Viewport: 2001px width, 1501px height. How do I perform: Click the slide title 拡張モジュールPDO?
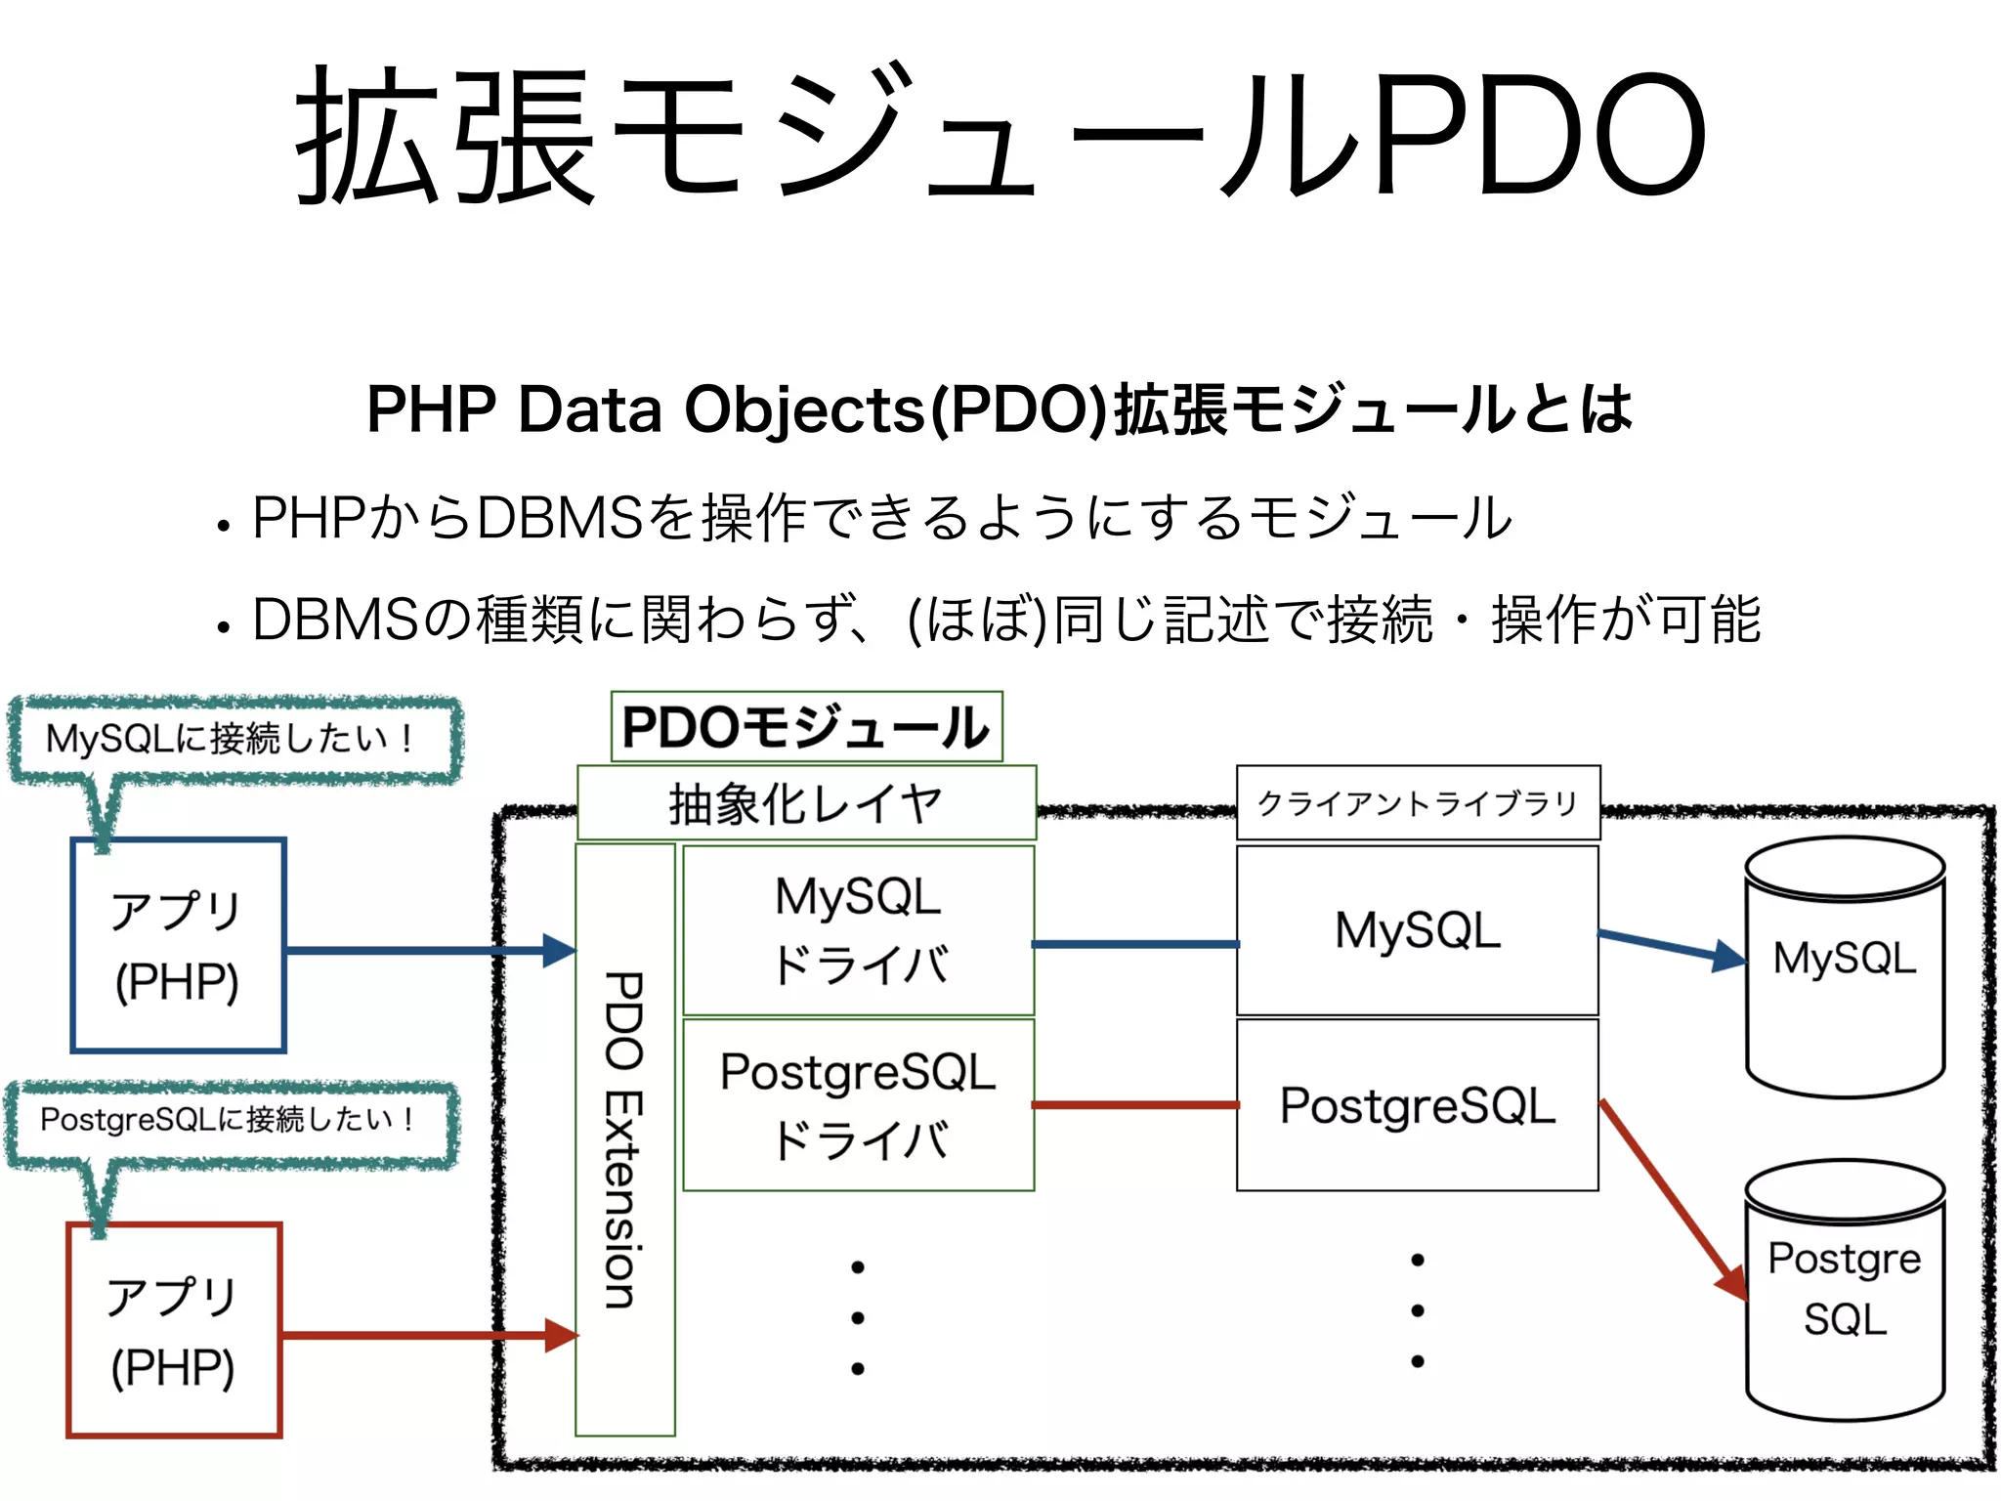(x=1000, y=137)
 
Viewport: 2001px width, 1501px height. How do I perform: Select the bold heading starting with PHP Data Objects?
(x=999, y=408)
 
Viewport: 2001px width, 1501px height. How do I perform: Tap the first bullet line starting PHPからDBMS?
(x=879, y=518)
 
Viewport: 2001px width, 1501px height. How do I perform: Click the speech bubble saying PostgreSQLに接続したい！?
(x=231, y=1120)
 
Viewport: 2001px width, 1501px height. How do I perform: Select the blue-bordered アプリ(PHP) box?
(x=178, y=945)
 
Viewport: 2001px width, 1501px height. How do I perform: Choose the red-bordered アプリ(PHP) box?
(x=174, y=1330)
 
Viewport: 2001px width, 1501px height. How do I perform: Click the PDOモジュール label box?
(x=806, y=727)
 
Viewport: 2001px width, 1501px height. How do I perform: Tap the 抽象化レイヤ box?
(x=806, y=803)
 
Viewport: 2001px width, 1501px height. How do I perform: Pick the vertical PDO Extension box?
(x=624, y=1139)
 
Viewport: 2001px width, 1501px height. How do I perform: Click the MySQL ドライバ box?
(x=858, y=930)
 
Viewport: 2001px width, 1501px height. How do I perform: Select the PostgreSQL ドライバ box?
(x=858, y=1105)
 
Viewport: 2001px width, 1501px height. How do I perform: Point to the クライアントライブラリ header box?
(x=1418, y=803)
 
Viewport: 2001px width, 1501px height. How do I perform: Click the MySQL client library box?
(x=1418, y=930)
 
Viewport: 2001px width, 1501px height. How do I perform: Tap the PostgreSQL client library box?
(x=1418, y=1105)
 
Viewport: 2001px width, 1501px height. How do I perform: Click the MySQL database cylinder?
(x=1845, y=967)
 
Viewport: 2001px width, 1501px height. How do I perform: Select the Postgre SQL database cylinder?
(x=1845, y=1290)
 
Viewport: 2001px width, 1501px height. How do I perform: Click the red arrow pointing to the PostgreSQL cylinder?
(x=1673, y=1200)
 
